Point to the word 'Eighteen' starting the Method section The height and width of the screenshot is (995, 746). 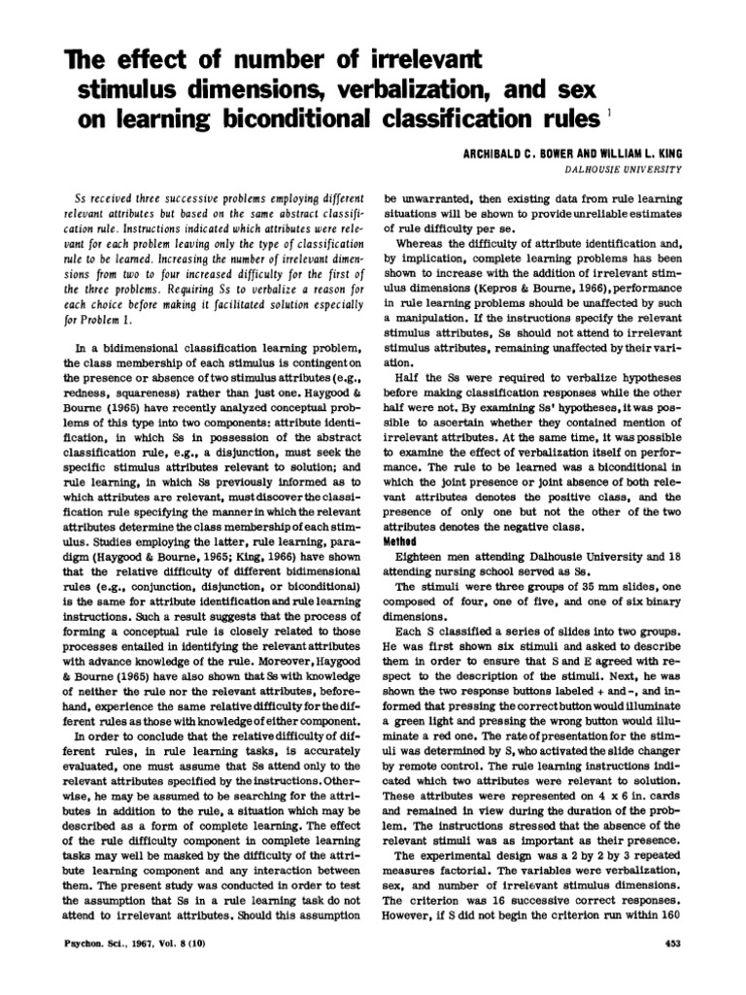pyautogui.click(x=424, y=556)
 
